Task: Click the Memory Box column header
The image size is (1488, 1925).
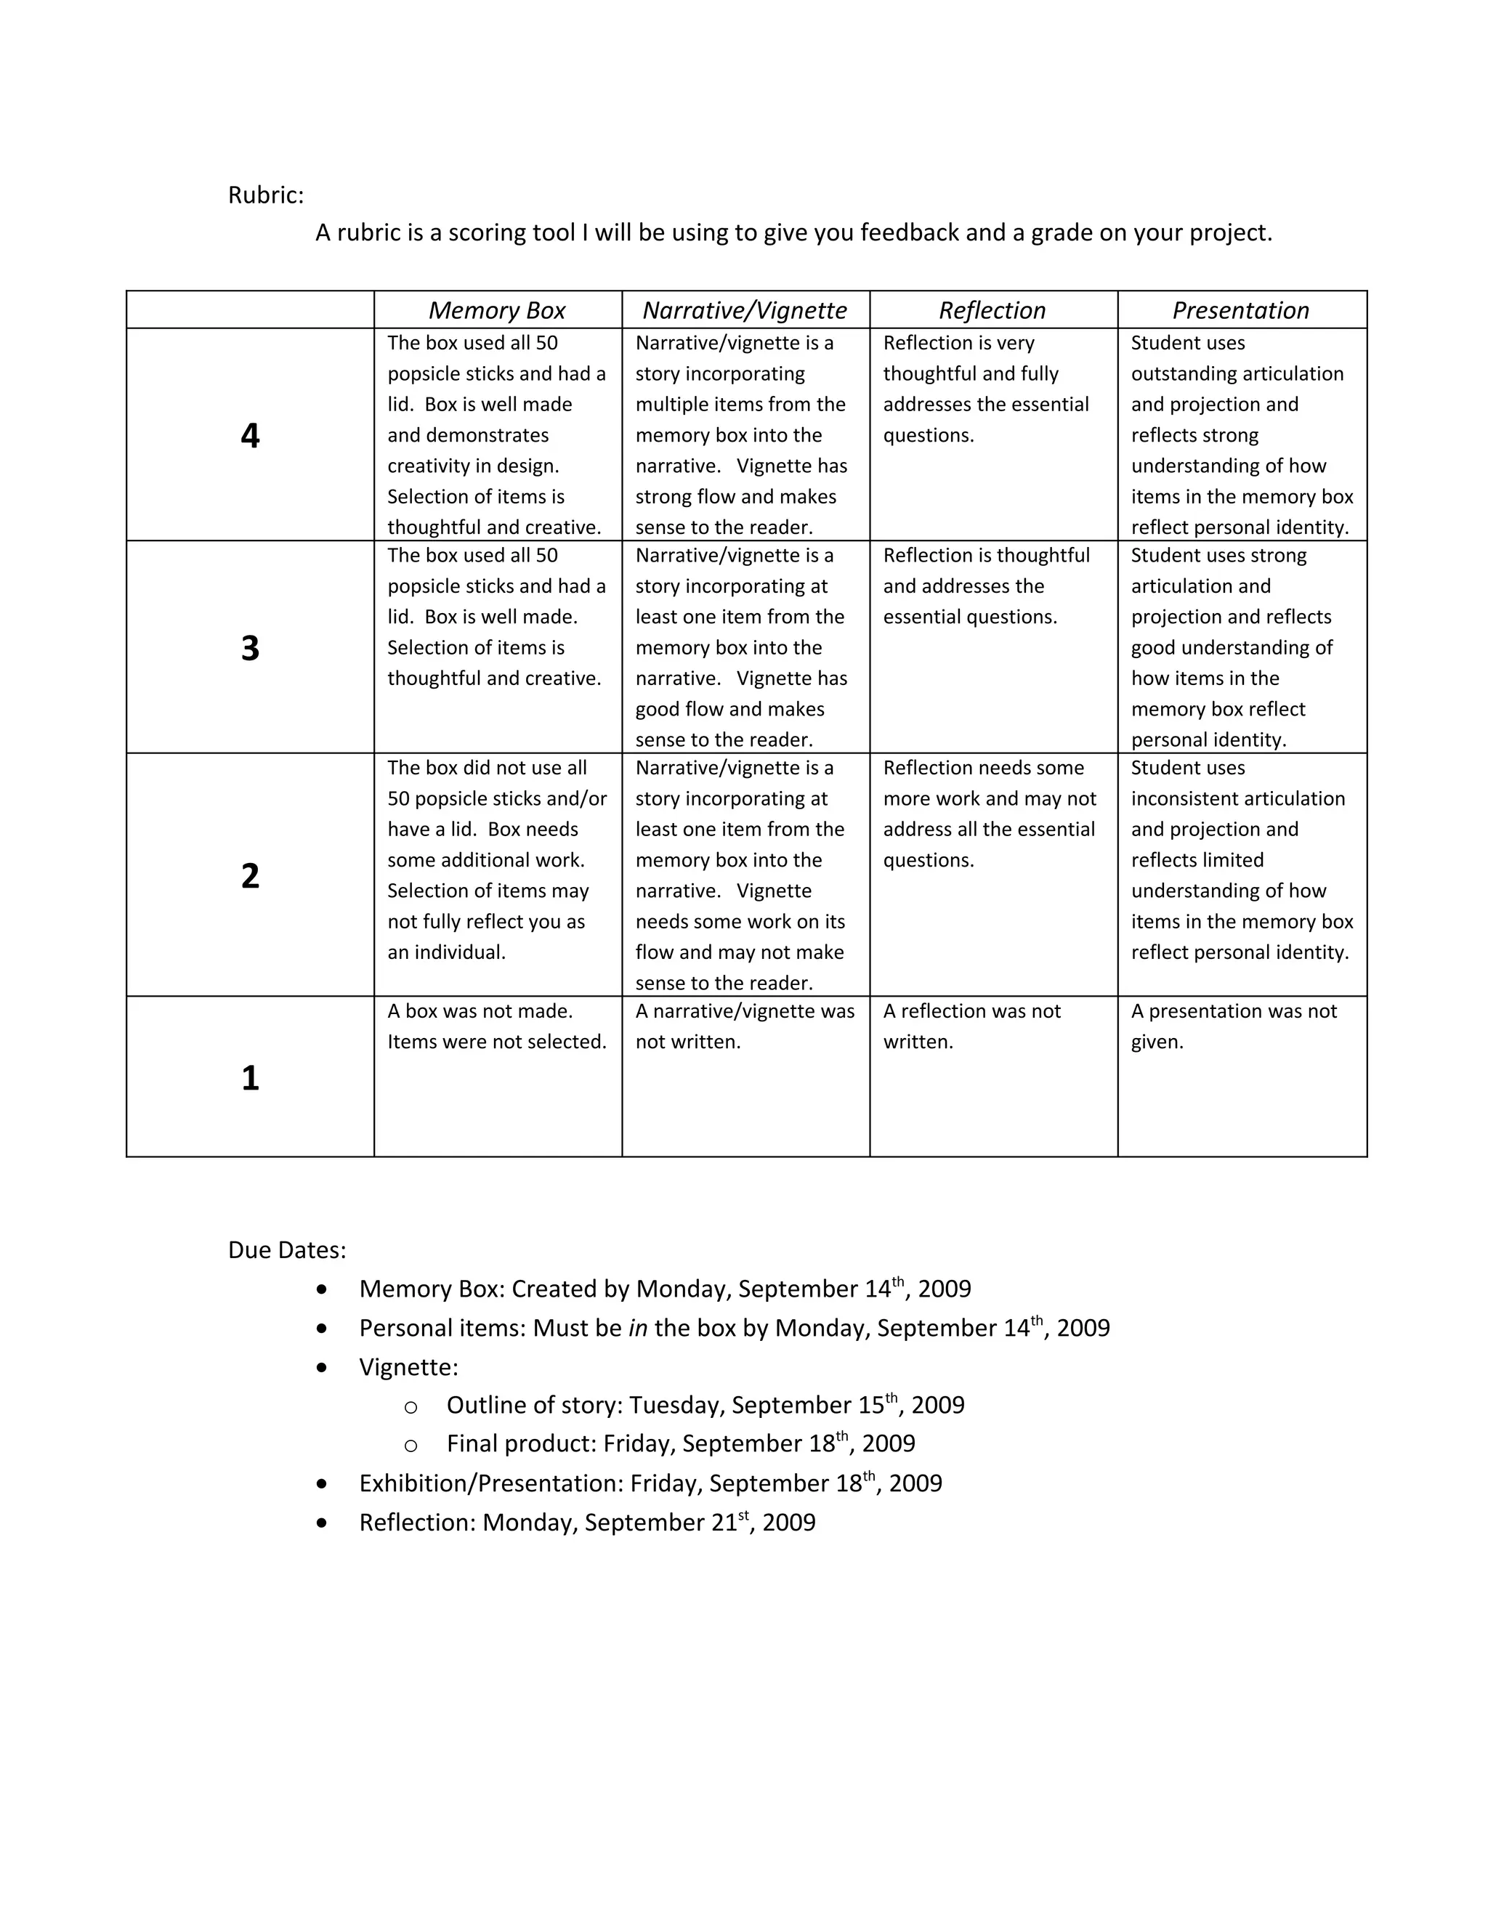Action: (497, 310)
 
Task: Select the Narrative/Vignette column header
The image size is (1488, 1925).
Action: (745, 310)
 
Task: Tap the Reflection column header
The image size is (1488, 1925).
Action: (992, 310)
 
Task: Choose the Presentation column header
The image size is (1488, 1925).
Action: (1240, 310)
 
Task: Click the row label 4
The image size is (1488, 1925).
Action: (251, 435)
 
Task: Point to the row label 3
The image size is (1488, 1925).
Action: (251, 648)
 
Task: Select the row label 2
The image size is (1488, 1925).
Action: (251, 875)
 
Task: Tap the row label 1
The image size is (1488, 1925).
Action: (251, 1077)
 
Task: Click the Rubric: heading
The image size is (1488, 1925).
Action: (265, 195)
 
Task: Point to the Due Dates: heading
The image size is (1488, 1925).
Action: (286, 1250)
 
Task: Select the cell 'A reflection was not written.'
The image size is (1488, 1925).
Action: (971, 1026)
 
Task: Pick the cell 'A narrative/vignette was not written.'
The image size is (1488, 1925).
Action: (745, 1026)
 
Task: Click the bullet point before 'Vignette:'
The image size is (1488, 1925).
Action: (322, 1367)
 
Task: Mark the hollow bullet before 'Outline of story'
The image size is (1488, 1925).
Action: (411, 1408)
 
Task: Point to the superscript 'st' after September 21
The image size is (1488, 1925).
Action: (743, 1515)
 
